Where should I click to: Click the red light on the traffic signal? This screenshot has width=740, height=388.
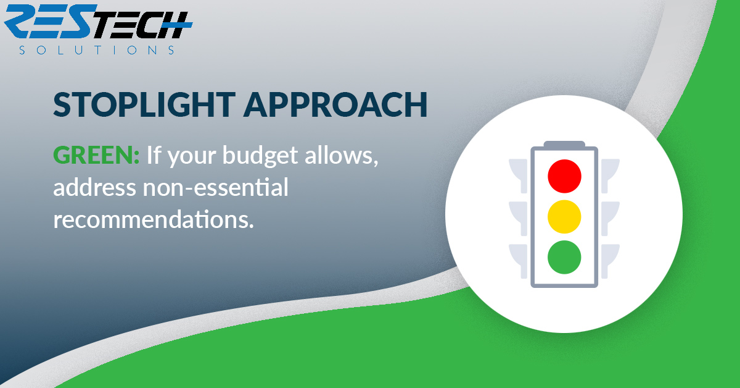point(564,176)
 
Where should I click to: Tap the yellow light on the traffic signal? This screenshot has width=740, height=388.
point(564,217)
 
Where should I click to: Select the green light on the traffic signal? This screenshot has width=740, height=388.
point(564,257)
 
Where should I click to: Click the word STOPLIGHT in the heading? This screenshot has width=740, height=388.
point(144,104)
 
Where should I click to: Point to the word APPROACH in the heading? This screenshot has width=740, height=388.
point(335,104)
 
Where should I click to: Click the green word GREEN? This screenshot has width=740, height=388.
point(96,155)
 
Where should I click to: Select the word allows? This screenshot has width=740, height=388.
point(341,155)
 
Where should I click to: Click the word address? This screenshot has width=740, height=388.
point(95,187)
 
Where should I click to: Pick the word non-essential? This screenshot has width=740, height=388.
point(215,187)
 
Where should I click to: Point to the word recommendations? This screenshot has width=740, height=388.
point(154,219)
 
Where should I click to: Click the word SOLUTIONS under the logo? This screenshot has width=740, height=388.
point(97,50)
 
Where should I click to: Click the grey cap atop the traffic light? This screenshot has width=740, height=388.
point(564,144)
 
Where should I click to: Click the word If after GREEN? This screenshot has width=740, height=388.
point(154,154)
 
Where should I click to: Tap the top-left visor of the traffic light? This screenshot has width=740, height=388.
point(519,176)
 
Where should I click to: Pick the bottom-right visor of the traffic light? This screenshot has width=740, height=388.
point(610,261)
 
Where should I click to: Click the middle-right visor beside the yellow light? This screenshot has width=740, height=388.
point(610,219)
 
